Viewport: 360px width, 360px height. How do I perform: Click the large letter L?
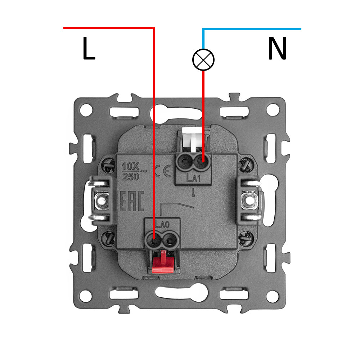pos(89,49)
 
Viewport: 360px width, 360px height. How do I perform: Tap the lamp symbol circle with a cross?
pos(203,59)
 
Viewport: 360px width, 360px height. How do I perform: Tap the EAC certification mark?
pos(131,202)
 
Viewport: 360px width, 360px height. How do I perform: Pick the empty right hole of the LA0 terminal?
pos(168,239)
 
